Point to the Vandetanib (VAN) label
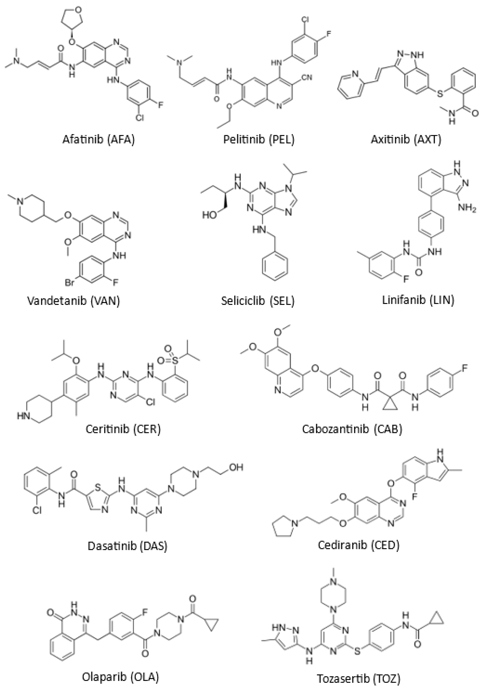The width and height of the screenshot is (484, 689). click(x=74, y=301)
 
